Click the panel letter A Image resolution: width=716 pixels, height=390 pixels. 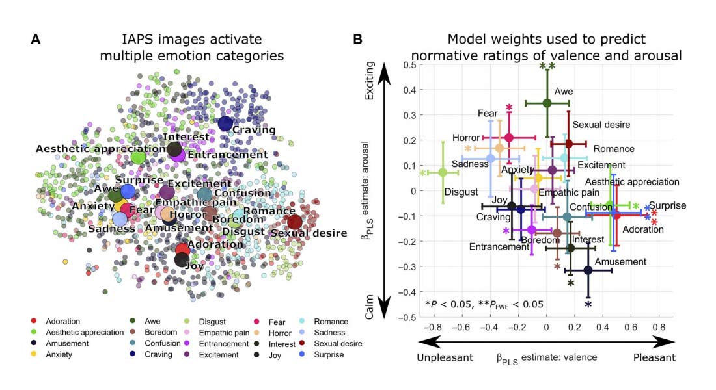[36, 40]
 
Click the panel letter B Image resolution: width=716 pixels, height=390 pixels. [357, 40]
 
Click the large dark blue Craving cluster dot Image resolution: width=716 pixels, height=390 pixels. [225, 123]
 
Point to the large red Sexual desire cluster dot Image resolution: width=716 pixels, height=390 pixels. [294, 222]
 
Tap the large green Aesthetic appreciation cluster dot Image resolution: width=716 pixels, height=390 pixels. [138, 157]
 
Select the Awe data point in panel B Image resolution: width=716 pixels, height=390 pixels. [547, 103]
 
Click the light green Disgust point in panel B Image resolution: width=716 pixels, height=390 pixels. [443, 172]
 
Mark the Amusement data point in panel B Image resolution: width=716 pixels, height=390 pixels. [588, 270]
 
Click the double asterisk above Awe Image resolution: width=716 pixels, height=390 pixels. [547, 66]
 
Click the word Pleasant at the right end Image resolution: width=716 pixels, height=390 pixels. [655, 357]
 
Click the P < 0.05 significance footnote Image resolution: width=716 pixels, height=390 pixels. [484, 304]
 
